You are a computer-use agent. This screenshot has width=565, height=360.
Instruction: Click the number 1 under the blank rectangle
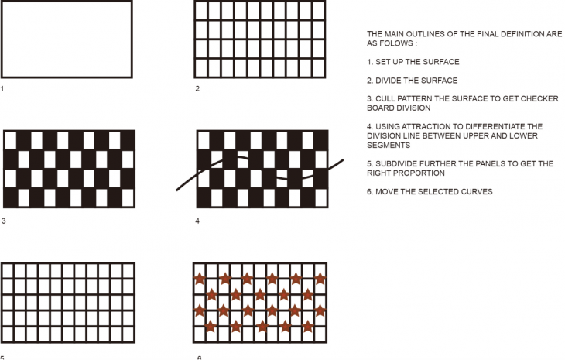[x=2, y=89]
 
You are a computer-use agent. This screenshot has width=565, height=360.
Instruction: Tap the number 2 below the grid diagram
[x=197, y=89]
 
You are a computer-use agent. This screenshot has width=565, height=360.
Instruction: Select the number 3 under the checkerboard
[x=4, y=221]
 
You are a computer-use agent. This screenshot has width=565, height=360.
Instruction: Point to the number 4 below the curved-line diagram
[x=197, y=221]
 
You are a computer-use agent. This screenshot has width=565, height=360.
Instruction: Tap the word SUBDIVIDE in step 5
[x=399, y=164]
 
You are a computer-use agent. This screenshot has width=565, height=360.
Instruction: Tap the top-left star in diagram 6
[x=200, y=279]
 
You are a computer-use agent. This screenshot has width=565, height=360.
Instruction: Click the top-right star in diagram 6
[x=320, y=279]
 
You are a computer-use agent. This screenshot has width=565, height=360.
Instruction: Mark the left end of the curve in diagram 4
[x=176, y=190]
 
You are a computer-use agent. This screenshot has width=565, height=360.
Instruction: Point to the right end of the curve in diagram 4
[x=343, y=160]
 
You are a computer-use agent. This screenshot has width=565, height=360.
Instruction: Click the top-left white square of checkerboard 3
[x=11, y=140]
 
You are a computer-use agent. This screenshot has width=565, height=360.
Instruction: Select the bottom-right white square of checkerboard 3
[x=128, y=198]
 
